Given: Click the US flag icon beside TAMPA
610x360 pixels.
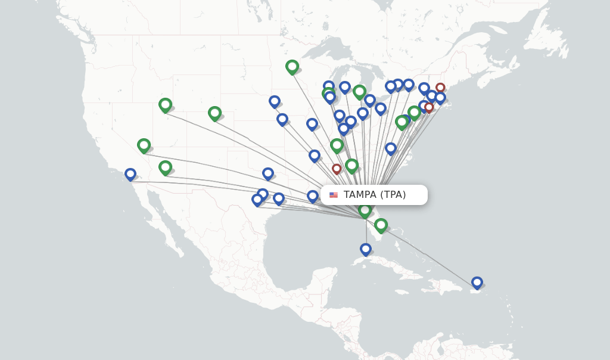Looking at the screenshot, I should (x=334, y=195).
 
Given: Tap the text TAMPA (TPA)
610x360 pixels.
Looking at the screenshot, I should (x=375, y=195).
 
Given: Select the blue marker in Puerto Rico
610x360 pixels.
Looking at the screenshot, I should (x=477, y=282).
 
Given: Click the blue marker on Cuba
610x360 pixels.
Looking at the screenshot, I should (x=366, y=249).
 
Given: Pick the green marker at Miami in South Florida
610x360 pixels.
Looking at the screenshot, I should (x=381, y=225).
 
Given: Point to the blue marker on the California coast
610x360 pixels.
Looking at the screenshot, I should (x=130, y=174).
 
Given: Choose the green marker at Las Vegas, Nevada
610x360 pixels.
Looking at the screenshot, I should (x=144, y=145).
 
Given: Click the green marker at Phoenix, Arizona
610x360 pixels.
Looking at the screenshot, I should (x=165, y=167).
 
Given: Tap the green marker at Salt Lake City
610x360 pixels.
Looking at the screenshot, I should (x=165, y=105).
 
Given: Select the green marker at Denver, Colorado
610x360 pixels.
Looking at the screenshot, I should (x=214, y=113).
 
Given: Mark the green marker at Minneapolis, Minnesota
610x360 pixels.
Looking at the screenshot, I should (x=292, y=66).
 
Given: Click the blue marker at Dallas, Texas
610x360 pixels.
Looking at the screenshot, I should (x=268, y=173).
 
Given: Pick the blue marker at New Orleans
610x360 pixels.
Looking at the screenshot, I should (x=313, y=195).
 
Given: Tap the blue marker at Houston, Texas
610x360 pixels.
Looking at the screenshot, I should (x=279, y=198).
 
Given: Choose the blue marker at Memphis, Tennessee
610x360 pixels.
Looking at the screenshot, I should (x=315, y=156).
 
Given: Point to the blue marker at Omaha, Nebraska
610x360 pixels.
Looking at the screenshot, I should (x=275, y=101).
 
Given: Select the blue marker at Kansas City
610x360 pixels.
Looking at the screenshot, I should (x=282, y=119).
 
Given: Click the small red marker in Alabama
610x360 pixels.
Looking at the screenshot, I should (x=337, y=169).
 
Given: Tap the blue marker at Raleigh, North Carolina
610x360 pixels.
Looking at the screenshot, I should (x=391, y=148).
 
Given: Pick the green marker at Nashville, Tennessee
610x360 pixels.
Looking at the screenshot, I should (x=337, y=145).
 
